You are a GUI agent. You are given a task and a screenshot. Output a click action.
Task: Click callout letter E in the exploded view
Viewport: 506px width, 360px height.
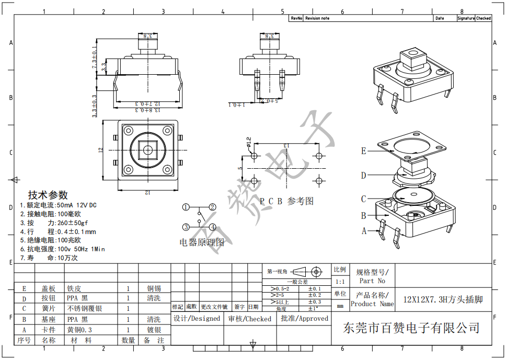(364, 152)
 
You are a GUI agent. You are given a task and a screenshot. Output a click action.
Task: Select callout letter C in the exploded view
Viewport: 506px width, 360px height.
(364, 199)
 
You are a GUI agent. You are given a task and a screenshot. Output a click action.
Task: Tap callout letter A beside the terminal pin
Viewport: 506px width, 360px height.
(364, 230)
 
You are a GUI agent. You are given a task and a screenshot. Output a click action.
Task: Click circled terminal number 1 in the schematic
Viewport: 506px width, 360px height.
(186, 207)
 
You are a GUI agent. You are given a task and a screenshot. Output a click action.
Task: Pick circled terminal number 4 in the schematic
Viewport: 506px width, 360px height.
(213, 227)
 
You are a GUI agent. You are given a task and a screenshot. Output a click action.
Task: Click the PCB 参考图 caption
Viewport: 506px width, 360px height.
(287, 201)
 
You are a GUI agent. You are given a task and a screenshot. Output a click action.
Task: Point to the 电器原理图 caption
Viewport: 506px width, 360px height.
(202, 242)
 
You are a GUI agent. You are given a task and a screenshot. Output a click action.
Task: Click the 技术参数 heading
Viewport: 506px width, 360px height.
(48, 195)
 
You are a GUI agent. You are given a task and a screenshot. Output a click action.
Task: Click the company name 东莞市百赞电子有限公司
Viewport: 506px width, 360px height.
(411, 328)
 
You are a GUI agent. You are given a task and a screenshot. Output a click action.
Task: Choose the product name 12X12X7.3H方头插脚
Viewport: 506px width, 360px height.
(443, 300)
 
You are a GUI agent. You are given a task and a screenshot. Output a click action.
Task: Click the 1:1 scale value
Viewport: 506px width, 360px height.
(340, 282)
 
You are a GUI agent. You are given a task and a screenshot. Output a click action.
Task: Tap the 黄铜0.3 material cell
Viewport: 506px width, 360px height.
(79, 330)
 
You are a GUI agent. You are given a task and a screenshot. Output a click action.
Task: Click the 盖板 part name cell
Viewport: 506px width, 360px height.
(49, 288)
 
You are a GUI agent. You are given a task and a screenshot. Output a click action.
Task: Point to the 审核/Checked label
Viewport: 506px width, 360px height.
(249, 319)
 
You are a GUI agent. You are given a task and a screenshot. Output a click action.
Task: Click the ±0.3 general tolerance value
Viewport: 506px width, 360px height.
(315, 302)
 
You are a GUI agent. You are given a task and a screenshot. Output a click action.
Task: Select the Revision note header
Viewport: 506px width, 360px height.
(317, 18)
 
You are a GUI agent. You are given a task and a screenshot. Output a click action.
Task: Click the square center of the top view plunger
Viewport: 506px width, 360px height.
(147, 150)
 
